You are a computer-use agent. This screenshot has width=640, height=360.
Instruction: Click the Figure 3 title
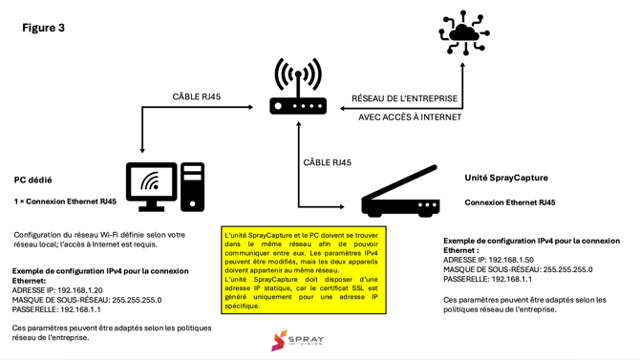click(44, 28)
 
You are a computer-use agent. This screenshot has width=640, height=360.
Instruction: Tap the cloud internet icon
click(464, 32)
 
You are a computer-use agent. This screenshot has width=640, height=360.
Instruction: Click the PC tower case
click(192, 186)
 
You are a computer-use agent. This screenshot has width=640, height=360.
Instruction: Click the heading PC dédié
click(32, 180)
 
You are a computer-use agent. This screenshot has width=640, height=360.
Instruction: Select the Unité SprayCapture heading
click(506, 178)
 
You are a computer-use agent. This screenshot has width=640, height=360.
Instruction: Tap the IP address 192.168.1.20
click(79, 290)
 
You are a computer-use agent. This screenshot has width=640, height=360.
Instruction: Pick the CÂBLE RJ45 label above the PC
click(196, 96)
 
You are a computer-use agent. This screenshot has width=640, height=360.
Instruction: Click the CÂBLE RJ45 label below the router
click(327, 162)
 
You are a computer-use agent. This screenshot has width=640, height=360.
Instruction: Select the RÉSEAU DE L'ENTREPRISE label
click(406, 98)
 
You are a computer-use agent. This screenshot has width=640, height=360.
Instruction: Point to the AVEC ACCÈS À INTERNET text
click(410, 117)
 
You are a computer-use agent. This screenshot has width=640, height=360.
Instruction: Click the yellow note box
click(304, 270)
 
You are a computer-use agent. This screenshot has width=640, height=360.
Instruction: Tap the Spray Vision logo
click(297, 340)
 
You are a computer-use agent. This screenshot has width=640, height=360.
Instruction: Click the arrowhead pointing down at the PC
click(143, 149)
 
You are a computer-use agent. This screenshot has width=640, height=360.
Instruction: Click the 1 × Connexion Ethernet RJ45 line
click(65, 201)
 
